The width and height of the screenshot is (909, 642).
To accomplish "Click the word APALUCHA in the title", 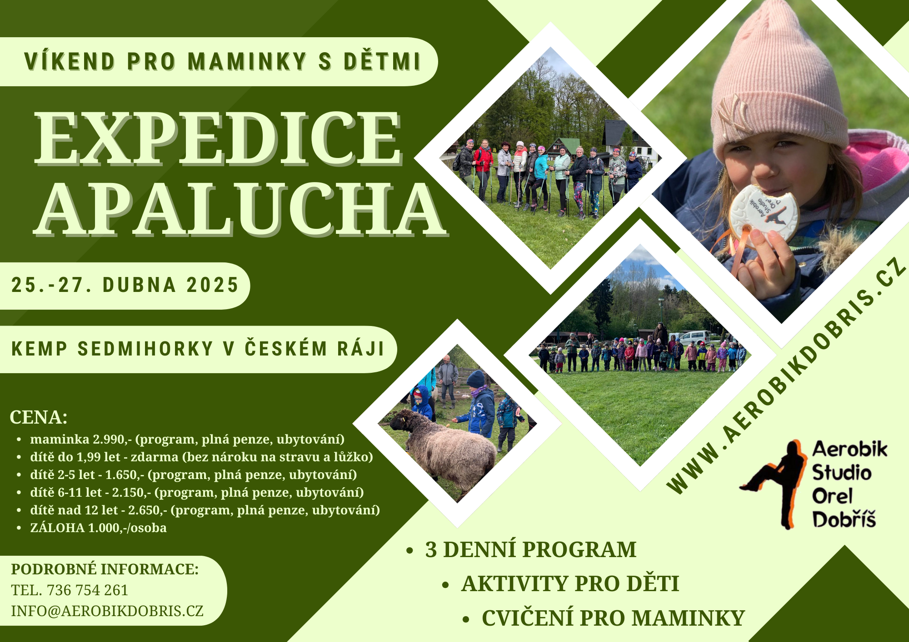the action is [x=241, y=209].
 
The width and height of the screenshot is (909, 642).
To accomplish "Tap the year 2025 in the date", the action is [x=212, y=285].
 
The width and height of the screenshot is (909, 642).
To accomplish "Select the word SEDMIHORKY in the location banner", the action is [x=145, y=349].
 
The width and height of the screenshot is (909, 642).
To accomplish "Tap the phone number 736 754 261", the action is [x=87, y=590].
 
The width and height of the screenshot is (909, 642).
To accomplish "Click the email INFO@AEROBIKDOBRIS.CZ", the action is [x=107, y=611].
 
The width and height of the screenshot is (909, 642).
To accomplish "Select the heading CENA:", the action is [x=39, y=417].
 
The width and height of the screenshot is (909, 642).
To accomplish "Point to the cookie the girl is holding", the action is [x=764, y=213].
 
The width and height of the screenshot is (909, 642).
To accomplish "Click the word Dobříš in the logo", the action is [x=844, y=519].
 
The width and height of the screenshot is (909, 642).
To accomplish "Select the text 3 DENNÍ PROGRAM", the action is [x=530, y=549].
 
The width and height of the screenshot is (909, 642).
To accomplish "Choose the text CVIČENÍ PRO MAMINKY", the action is [x=613, y=618].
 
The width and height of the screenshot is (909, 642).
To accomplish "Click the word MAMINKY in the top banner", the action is [x=247, y=62].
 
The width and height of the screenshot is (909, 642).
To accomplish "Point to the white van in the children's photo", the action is [x=694, y=338].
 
